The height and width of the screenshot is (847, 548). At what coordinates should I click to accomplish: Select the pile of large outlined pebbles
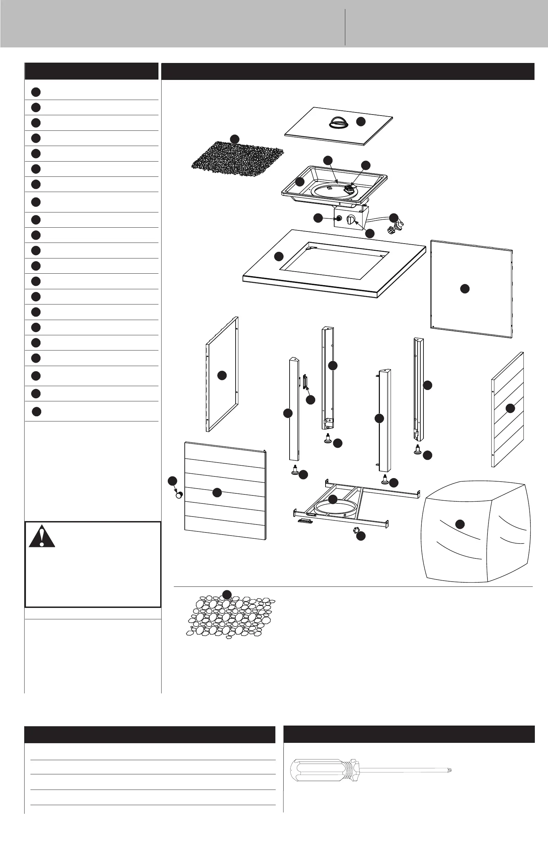[231, 618]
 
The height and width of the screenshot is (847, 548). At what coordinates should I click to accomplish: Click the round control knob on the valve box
[351, 220]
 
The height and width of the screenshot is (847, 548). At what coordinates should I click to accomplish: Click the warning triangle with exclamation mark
[42, 537]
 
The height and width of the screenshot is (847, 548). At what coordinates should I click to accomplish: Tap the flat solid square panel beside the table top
[472, 289]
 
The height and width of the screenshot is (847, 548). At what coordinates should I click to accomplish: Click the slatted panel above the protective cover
[507, 409]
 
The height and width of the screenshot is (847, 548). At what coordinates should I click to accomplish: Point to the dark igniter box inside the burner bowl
[350, 188]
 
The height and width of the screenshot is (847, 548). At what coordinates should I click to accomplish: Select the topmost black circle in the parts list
[36, 92]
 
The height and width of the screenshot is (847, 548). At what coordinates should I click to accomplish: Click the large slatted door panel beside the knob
[225, 491]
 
